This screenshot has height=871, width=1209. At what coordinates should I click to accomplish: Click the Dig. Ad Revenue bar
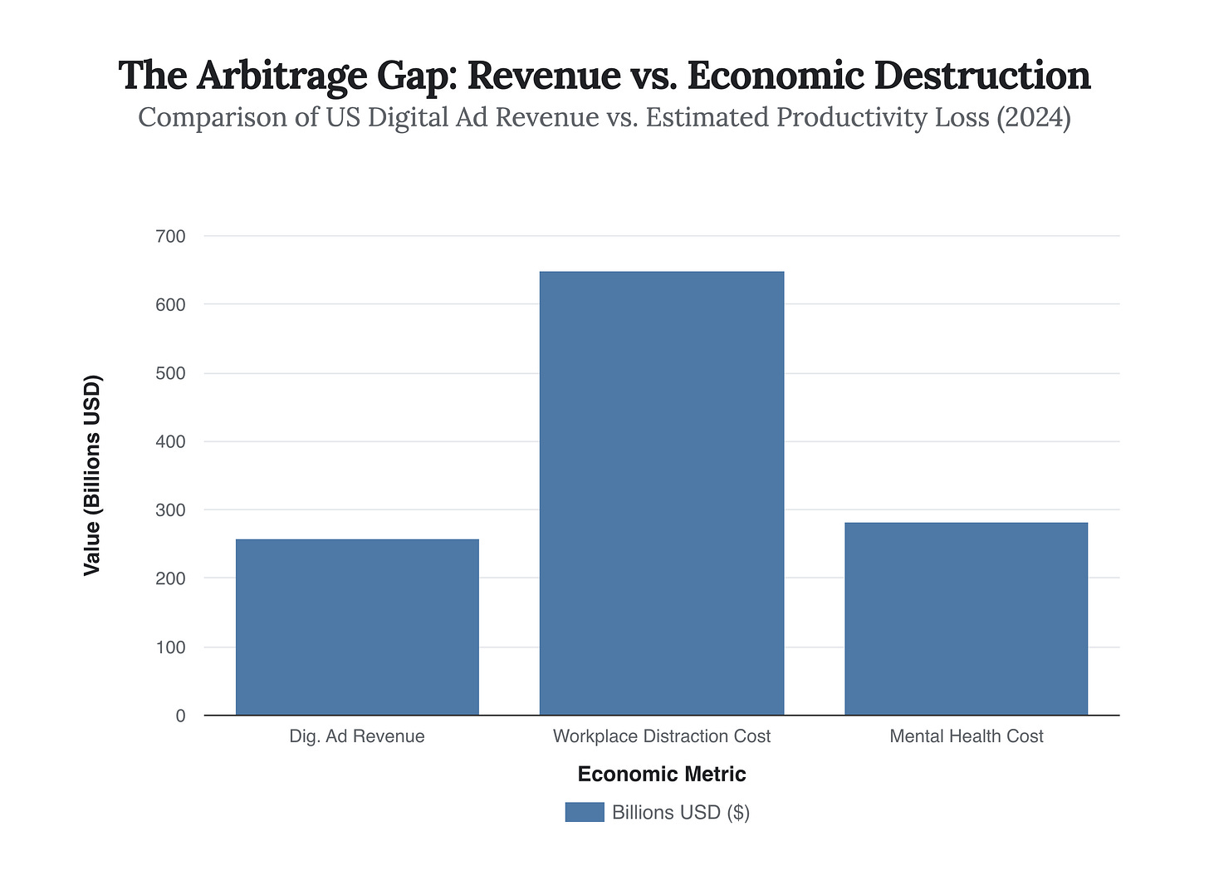point(357,627)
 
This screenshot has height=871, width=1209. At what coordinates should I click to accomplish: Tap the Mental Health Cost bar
point(966,618)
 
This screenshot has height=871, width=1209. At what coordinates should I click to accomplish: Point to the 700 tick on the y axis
point(170,237)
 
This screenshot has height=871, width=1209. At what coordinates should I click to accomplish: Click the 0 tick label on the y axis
point(180,716)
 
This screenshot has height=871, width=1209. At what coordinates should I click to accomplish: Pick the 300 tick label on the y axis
point(170,510)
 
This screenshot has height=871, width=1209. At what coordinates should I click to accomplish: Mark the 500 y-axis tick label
point(170,374)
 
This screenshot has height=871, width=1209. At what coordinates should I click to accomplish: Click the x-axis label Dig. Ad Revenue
point(357,736)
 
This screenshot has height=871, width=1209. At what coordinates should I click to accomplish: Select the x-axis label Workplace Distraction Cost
point(662,736)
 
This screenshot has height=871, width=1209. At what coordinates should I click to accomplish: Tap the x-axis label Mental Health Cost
point(966,736)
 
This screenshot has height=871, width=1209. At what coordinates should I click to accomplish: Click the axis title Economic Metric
point(662,775)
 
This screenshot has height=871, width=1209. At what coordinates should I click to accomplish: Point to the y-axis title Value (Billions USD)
point(92,475)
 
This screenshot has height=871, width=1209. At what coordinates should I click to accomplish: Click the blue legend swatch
point(585,812)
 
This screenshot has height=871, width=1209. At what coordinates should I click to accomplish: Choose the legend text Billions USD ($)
point(681,812)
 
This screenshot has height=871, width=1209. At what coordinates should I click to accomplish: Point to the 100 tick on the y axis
point(170,647)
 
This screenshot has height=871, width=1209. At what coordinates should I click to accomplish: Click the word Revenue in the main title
point(544,76)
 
